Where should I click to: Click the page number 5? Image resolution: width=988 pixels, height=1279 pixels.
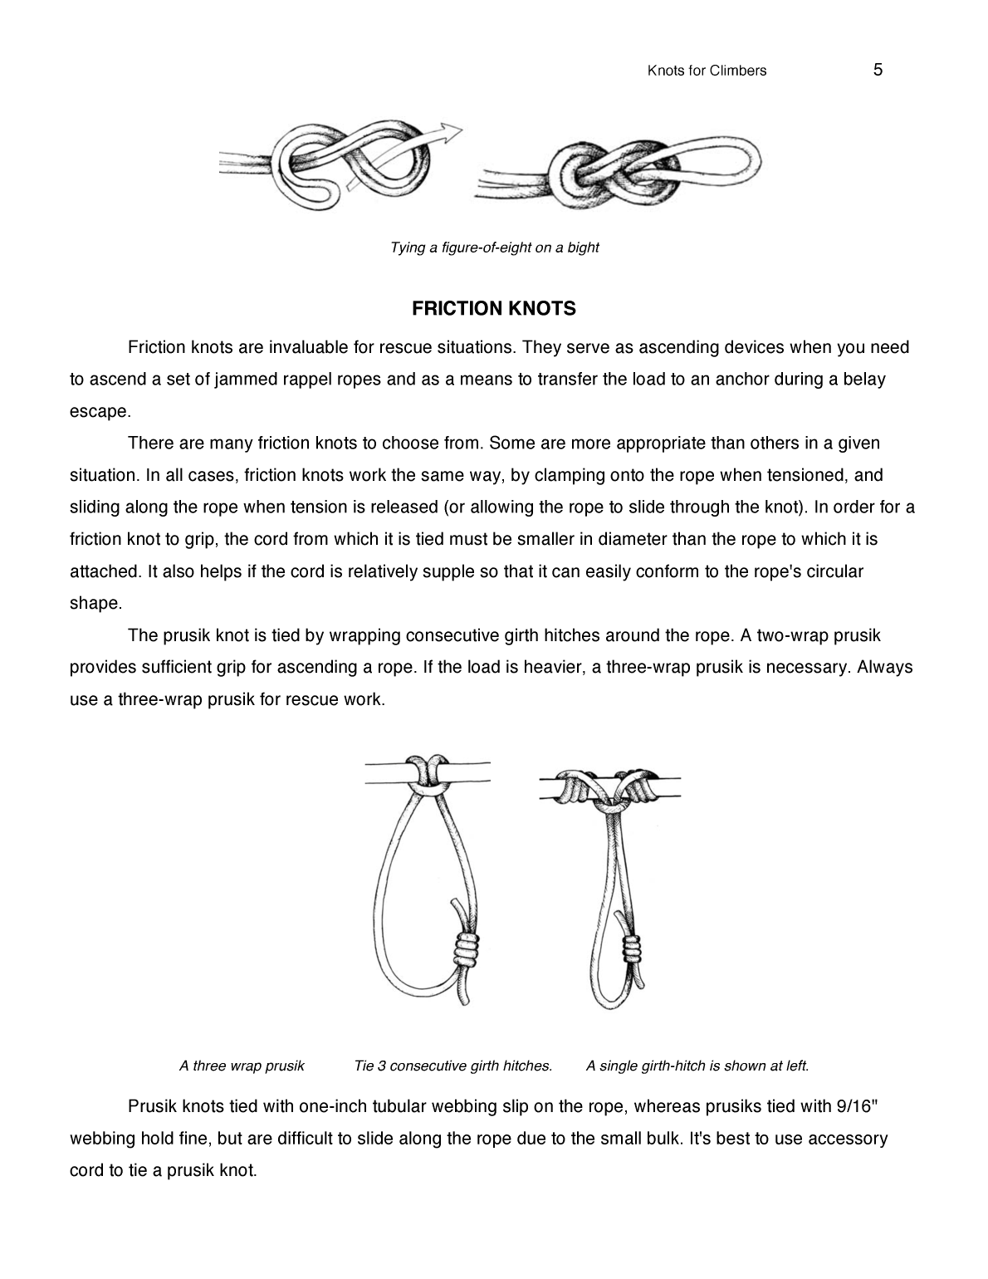878,70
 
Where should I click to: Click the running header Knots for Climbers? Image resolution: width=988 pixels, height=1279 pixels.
707,71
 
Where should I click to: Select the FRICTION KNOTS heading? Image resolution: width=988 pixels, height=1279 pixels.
494,309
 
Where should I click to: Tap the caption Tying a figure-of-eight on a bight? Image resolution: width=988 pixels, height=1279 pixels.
494,247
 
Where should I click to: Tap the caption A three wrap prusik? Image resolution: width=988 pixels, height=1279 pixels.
242,1066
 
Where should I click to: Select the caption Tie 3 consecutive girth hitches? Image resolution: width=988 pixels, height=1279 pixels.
452,1066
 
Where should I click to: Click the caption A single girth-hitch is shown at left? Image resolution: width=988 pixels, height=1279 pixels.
697,1066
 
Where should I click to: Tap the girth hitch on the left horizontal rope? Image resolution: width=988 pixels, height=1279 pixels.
424,772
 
